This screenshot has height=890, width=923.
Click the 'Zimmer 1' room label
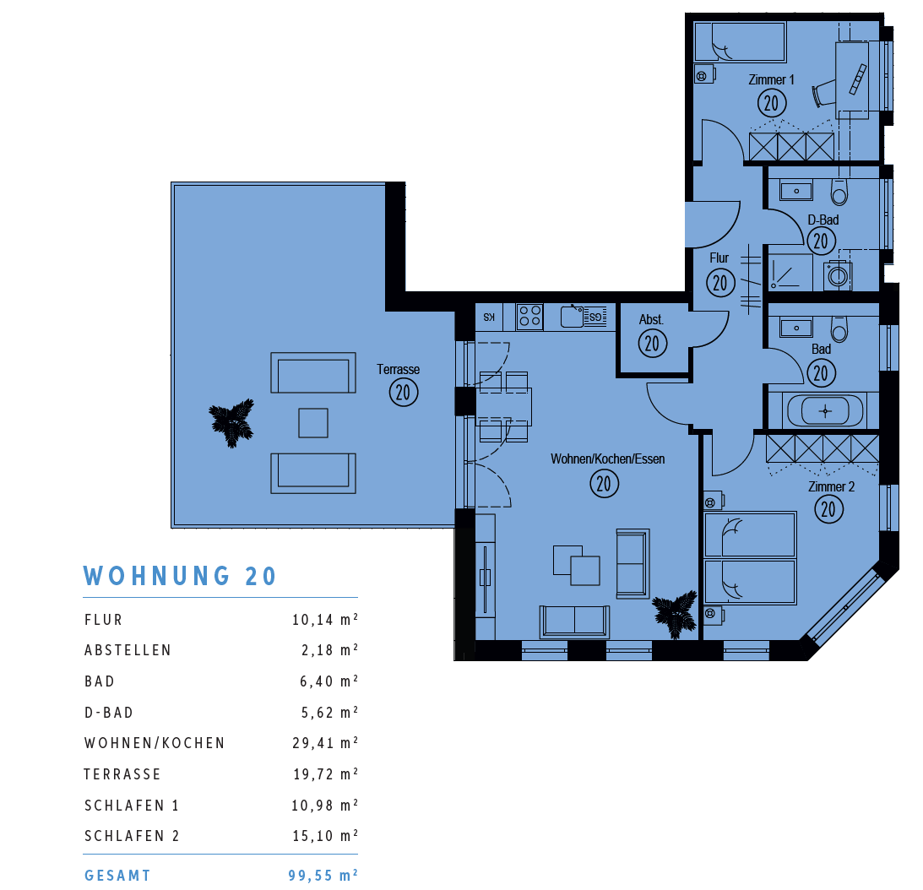pyautogui.click(x=771, y=79)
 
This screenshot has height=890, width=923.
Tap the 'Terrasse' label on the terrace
pyautogui.click(x=398, y=369)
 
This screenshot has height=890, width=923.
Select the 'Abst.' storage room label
pyautogui.click(x=651, y=320)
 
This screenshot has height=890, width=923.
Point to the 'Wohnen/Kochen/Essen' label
pyautogui.click(x=607, y=459)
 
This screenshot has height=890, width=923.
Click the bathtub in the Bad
pyautogui.click(x=825, y=410)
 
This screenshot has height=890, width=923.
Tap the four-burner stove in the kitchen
pyautogui.click(x=529, y=316)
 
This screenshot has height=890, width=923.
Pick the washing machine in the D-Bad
pyautogui.click(x=837, y=274)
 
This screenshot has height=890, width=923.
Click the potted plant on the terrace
pyautogui.click(x=232, y=422)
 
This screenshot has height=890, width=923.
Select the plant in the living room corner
pyautogui.click(x=675, y=614)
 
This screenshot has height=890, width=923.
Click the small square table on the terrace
pyautogui.click(x=313, y=423)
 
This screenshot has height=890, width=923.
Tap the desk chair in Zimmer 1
pyautogui.click(x=823, y=94)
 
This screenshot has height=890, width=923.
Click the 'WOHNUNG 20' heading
pyautogui.click(x=180, y=576)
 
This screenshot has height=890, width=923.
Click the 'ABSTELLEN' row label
pyautogui.click(x=128, y=650)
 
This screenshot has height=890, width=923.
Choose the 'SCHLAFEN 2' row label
pyautogui.click(x=132, y=836)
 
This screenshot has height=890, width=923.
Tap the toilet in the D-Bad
pyautogui.click(x=839, y=192)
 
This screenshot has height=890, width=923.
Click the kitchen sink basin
pyautogui.click(x=572, y=316)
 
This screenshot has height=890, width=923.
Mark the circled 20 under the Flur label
pyautogui.click(x=720, y=283)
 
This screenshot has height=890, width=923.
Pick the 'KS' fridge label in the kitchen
pyautogui.click(x=489, y=317)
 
